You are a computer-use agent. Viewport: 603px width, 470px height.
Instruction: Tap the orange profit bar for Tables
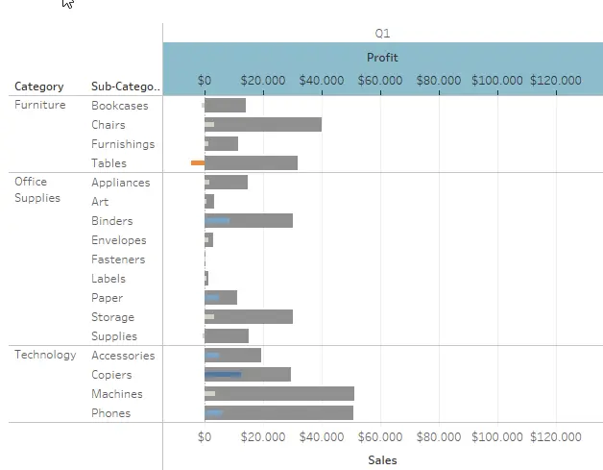[198, 163]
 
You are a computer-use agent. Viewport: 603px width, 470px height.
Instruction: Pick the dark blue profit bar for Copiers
[224, 375]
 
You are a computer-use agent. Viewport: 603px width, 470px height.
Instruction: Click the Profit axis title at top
[382, 58]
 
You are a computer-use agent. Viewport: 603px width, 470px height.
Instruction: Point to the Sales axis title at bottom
[382, 459]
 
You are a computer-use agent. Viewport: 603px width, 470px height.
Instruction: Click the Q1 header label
[382, 34]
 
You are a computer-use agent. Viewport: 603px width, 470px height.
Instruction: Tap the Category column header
[39, 87]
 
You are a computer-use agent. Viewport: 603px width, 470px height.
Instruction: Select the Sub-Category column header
[126, 87]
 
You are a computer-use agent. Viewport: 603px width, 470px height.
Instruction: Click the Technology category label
[45, 355]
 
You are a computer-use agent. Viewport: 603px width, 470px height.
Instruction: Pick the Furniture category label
[40, 105]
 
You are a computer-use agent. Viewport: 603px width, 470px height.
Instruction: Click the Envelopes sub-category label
[119, 240]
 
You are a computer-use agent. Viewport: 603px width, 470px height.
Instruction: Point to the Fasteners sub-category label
[118, 260]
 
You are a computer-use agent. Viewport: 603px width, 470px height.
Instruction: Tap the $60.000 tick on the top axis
[380, 80]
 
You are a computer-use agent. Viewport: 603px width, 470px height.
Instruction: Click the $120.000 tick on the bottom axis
[556, 437]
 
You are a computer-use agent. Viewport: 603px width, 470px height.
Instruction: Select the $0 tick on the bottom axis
[205, 437]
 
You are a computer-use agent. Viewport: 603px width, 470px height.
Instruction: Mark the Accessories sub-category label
[123, 356]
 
